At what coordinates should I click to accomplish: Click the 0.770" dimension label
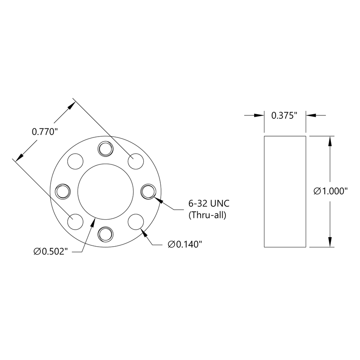pos(44,132)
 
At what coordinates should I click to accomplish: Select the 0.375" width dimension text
pos(285,115)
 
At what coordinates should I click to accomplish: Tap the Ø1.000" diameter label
pos(331,191)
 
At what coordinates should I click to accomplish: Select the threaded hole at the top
pos(106,148)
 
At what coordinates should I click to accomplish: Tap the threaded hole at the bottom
pos(106,234)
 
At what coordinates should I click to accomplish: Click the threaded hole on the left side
pos(63,191)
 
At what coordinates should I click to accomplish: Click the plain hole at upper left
pos(76,161)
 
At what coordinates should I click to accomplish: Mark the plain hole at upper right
pos(136,161)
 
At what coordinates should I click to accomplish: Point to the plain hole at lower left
pos(76,221)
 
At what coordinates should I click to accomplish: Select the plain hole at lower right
pos(136,221)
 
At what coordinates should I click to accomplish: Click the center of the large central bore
pos(106,191)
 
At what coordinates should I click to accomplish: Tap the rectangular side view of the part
pos(285,191)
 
